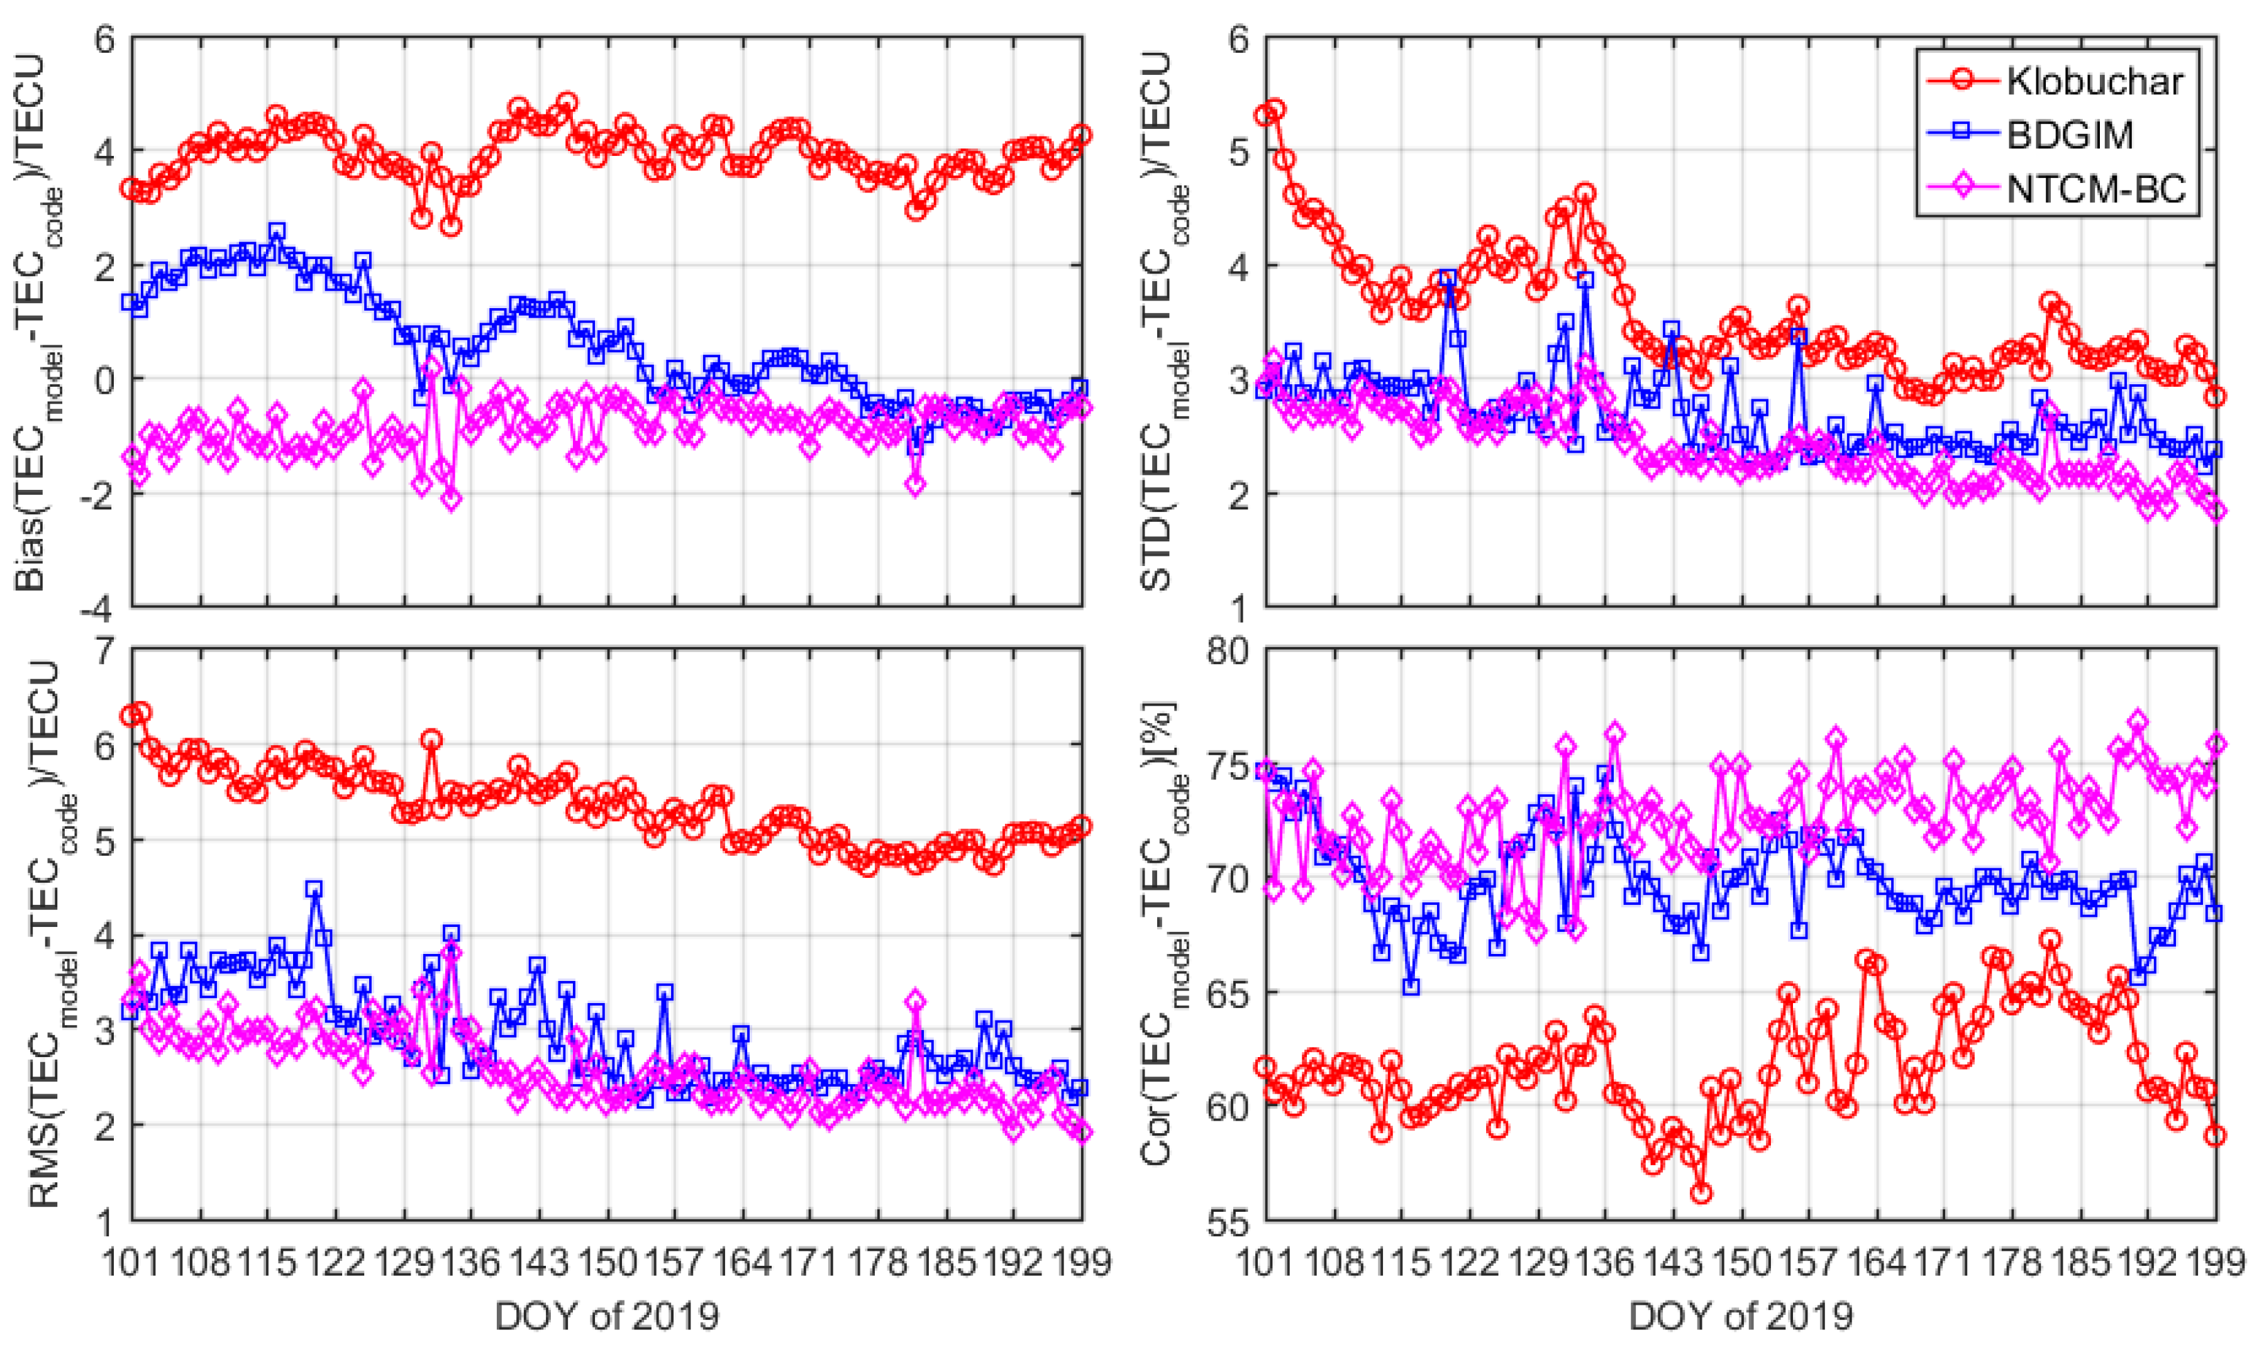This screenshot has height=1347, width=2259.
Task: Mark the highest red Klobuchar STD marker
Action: pyautogui.click(x=1275, y=110)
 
